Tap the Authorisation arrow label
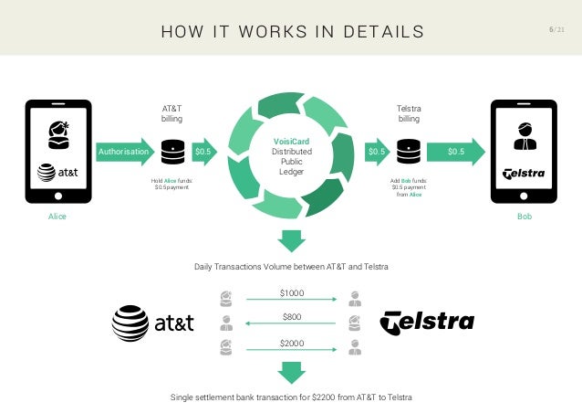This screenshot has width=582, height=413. [x=124, y=151]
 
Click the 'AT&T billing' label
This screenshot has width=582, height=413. [x=171, y=113]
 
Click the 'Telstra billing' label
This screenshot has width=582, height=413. [x=410, y=113]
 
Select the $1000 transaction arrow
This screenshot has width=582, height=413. [x=291, y=297]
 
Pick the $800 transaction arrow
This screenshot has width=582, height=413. [x=291, y=321]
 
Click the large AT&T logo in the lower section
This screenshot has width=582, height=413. [x=151, y=322]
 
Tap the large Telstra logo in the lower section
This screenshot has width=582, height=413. [x=427, y=322]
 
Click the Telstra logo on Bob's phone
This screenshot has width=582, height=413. [x=524, y=173]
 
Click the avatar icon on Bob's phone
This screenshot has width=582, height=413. [x=524, y=134]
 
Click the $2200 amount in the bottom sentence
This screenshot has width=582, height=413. [x=318, y=397]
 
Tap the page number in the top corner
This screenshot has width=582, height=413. [x=556, y=31]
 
